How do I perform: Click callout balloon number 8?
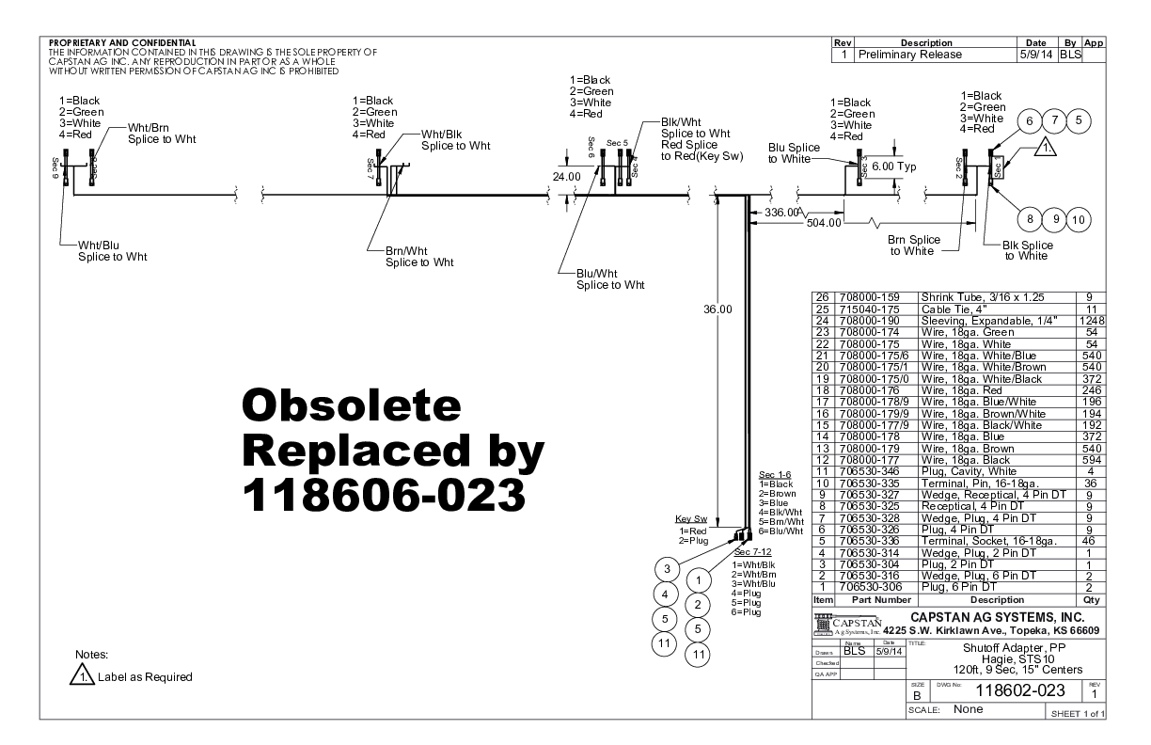click(x=1031, y=219)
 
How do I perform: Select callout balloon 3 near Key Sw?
click(x=666, y=570)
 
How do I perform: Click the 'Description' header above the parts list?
click(x=997, y=598)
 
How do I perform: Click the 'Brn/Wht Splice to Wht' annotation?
click(x=419, y=256)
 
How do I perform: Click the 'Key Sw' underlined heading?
click(x=690, y=518)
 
